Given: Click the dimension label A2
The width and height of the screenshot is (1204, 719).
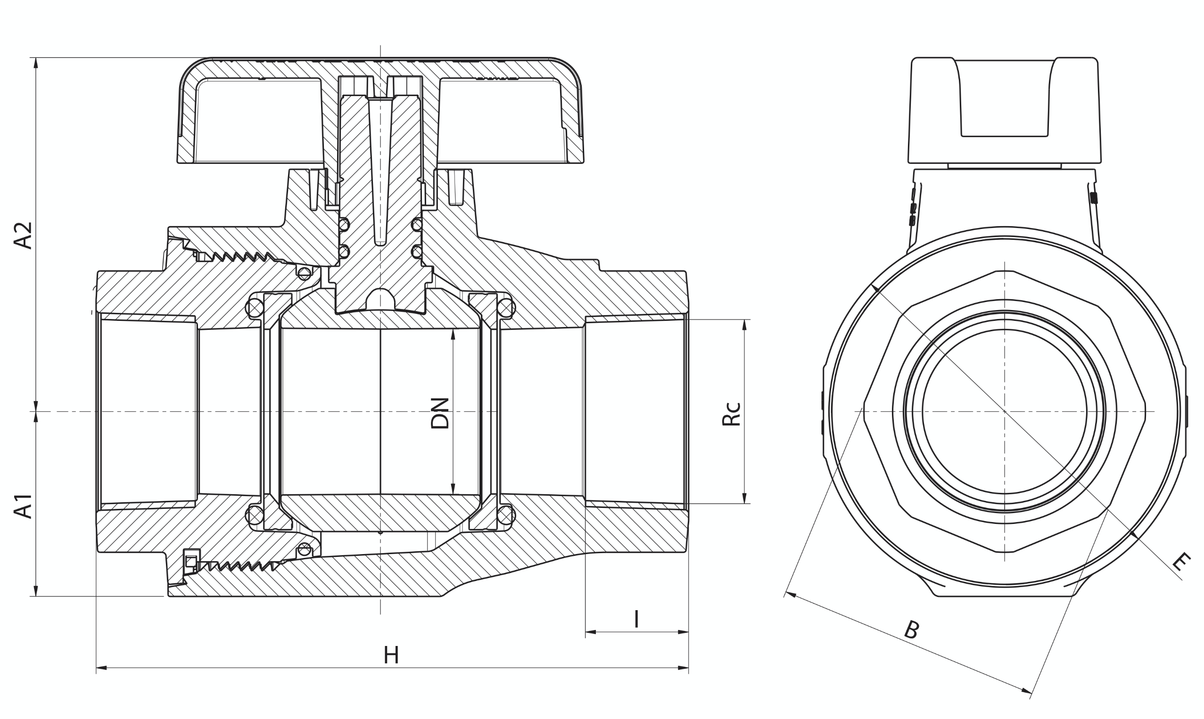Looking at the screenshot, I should click(x=23, y=236).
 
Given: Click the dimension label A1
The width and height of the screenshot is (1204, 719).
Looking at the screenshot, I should click(x=23, y=507).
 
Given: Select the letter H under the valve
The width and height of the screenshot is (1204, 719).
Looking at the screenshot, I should click(x=391, y=655).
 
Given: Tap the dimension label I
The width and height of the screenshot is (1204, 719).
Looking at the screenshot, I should click(x=636, y=619).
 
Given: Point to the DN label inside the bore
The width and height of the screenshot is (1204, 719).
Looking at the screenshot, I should click(x=440, y=413).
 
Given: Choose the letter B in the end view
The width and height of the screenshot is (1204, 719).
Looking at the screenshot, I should click(x=912, y=630).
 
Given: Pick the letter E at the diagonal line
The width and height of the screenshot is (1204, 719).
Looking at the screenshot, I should click(x=1181, y=562).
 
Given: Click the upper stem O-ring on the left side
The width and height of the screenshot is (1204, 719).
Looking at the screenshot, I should click(x=344, y=224).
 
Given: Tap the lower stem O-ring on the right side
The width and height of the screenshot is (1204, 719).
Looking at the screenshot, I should click(x=416, y=252).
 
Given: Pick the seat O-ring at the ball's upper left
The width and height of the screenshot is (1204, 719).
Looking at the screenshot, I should click(x=255, y=307).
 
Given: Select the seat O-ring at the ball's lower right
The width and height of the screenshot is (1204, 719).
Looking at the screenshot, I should click(x=505, y=515).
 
